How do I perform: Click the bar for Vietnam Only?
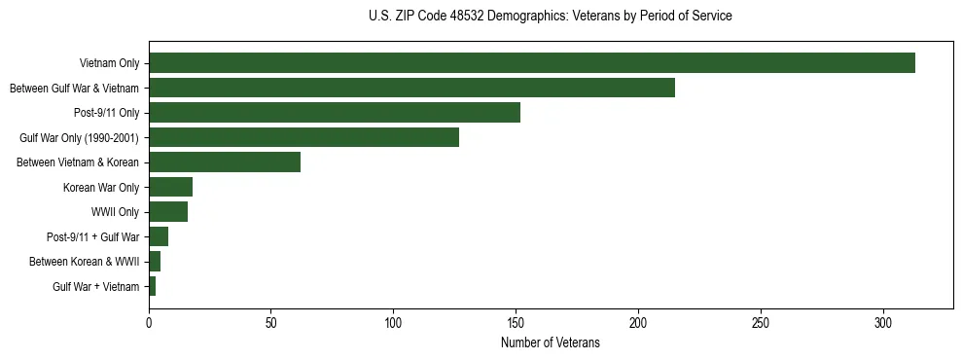point(531,63)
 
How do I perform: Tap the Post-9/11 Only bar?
point(335,113)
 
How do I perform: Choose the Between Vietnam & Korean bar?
point(225,162)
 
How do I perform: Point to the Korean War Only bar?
point(170,187)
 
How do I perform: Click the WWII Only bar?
point(168,212)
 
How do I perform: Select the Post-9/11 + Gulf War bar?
point(159,236)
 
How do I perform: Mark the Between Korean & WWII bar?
point(155,262)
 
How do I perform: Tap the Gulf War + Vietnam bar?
point(153,286)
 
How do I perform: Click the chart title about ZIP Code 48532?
point(551,17)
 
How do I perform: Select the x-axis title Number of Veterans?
point(551,343)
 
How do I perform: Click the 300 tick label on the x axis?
point(882,321)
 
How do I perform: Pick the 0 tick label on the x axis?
point(149,321)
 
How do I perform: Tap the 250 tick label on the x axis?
point(761,321)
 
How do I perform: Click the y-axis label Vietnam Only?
point(110,63)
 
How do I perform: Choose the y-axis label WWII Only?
point(115,212)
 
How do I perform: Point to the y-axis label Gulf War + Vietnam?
point(96,286)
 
